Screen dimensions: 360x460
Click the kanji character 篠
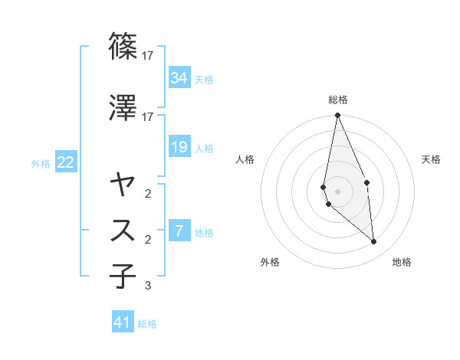(123, 46)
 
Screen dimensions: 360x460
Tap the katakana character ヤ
(123, 184)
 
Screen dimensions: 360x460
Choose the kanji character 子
(123, 277)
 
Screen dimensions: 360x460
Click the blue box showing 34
(179, 78)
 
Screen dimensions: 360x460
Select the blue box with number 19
(179, 147)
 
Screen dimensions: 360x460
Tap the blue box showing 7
(179, 231)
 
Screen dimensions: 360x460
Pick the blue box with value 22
(65, 162)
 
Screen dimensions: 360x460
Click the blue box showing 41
(123, 322)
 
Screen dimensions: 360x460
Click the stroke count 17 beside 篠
(148, 56)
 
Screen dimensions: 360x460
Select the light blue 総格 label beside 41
(147, 324)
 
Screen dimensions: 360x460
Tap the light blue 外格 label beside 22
(41, 163)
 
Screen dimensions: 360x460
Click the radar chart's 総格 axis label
(338, 100)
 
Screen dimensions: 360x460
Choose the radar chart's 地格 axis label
(402, 262)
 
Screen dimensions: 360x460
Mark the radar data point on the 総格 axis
(337, 116)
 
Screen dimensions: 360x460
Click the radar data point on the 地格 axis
(374, 242)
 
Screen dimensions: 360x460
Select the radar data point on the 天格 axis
(366, 182)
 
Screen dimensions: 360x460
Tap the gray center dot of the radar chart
(337, 191)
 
